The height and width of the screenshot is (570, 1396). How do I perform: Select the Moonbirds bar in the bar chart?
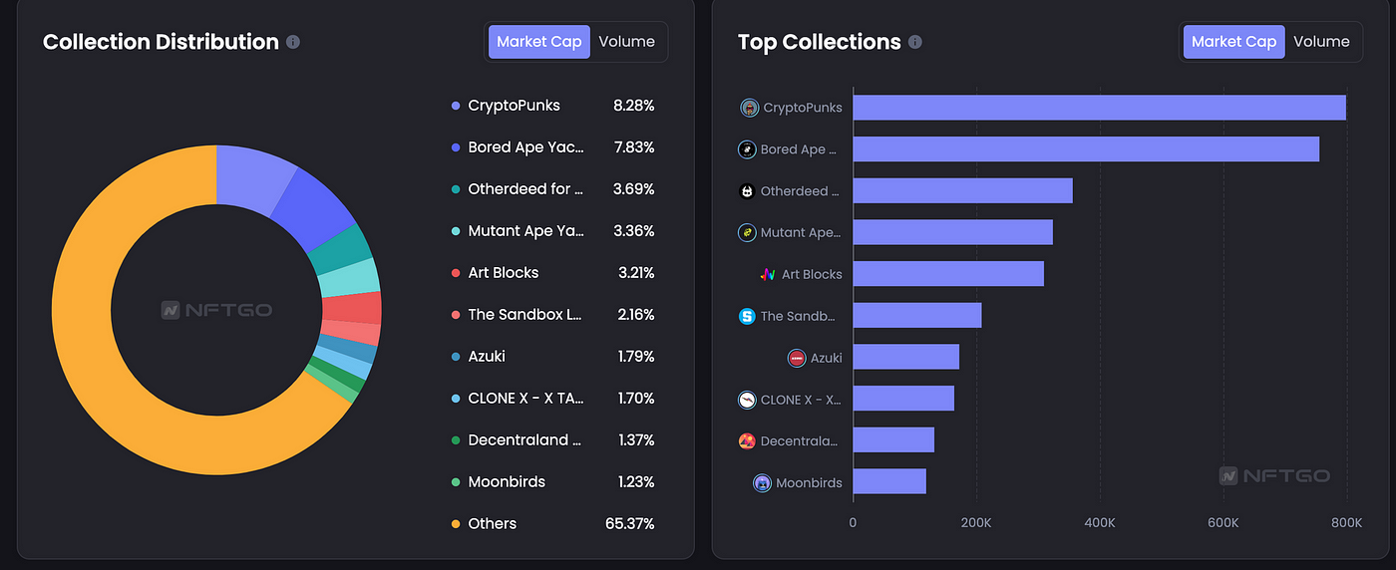point(889,482)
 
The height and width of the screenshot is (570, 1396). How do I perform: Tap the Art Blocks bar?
point(948,274)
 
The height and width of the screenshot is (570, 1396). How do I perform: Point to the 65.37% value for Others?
point(629,523)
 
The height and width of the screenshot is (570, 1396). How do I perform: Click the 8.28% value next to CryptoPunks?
point(633,106)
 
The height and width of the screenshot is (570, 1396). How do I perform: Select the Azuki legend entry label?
point(487,356)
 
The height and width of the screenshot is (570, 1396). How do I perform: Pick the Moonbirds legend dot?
point(456,482)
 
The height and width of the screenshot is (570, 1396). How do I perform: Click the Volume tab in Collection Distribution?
point(626,42)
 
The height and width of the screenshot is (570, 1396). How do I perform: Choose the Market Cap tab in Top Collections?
point(1233,42)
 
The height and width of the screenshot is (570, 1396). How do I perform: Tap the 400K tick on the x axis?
point(1099,523)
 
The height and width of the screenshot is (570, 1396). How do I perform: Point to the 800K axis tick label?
point(1345,523)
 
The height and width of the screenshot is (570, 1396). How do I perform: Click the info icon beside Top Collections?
point(915,42)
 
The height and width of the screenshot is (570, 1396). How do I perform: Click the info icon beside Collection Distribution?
point(293,42)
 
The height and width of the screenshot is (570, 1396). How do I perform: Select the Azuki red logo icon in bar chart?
point(797,358)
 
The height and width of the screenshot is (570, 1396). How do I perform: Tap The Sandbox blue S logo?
point(747,316)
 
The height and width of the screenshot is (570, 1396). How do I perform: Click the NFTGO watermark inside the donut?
point(216,310)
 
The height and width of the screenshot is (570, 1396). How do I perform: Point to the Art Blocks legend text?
point(503,272)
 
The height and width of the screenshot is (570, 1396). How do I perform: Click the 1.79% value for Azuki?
point(633,356)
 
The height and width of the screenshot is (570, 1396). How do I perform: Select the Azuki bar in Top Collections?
point(905,357)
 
